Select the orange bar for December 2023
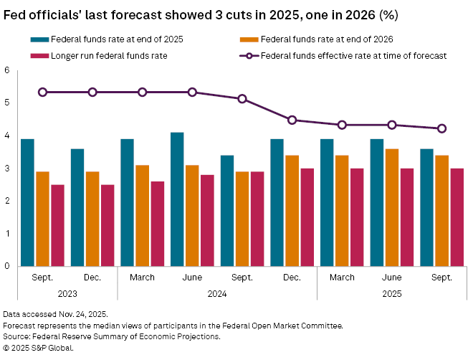tap(92, 219)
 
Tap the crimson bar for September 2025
tap(457, 217)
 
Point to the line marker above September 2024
tap(242, 99)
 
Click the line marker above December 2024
tap(292, 120)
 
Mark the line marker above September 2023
tap(42, 93)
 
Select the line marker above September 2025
tap(442, 129)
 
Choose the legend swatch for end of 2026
tap(248, 39)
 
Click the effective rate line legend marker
tap(248, 55)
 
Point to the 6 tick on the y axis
tap(7, 70)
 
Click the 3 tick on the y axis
tap(7, 169)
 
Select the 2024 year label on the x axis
tap(217, 293)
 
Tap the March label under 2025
tap(342, 278)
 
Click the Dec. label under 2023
tap(92, 278)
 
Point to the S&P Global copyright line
tap(39, 348)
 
